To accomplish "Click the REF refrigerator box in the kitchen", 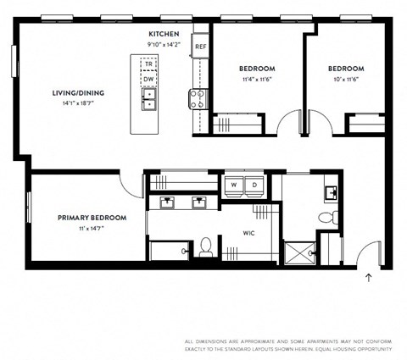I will click(x=200, y=47).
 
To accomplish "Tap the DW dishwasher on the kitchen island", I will click(x=148, y=79).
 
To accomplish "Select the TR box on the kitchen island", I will click(x=148, y=64).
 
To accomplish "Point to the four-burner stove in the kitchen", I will click(x=198, y=99).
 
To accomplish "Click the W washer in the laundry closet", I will click(x=234, y=185).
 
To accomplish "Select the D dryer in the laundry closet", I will click(x=253, y=185).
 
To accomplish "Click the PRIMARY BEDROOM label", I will click(x=92, y=218).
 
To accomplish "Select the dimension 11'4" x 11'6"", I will click(x=255, y=80).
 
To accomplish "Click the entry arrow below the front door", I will click(x=368, y=277).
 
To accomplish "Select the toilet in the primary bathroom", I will click(x=205, y=248).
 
